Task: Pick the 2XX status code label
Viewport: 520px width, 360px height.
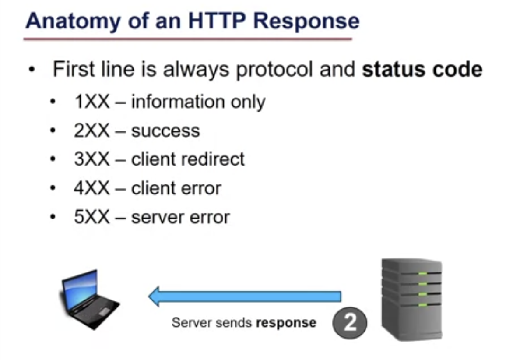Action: [92, 131]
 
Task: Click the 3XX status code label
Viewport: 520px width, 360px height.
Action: [92, 159]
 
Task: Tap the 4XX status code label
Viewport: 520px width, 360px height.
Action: [92, 188]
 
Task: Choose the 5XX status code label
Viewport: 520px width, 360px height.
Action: [92, 217]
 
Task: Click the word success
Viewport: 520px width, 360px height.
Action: [165, 131]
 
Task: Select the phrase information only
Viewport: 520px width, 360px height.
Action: [198, 102]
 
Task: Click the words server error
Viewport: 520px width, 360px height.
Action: [180, 217]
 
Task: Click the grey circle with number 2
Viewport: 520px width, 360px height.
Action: [350, 324]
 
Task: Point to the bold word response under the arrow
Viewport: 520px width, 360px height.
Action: [286, 323]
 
